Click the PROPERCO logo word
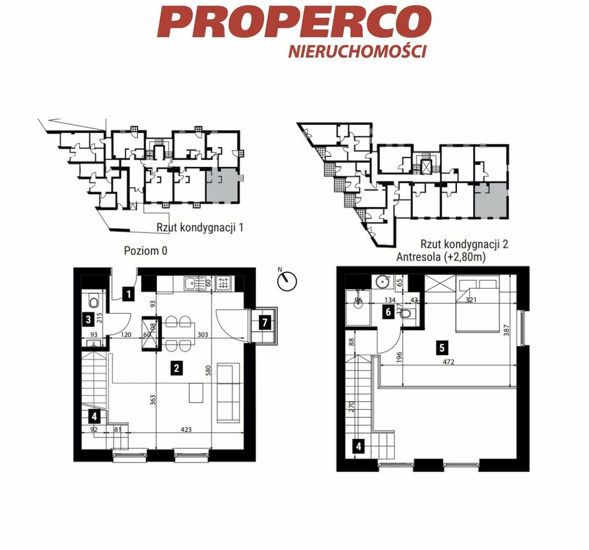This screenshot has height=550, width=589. (x=294, y=21)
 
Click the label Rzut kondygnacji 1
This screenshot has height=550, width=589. (x=200, y=227)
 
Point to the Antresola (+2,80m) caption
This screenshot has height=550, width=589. (x=441, y=257)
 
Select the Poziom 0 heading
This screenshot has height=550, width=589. (x=145, y=251)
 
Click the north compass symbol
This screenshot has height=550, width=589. (x=287, y=280)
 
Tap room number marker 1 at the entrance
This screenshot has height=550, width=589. (x=129, y=294)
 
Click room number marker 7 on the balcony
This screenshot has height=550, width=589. (x=265, y=322)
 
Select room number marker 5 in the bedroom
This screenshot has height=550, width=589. (x=441, y=347)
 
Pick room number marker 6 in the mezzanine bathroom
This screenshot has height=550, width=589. (x=388, y=312)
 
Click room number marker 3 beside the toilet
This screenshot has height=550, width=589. (x=88, y=319)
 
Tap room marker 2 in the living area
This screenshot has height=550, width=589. (x=176, y=368)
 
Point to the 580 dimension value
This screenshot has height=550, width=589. (x=209, y=370)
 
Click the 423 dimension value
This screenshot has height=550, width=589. (x=186, y=429)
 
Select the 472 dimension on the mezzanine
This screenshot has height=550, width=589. (x=448, y=362)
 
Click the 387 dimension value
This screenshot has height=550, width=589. (x=506, y=330)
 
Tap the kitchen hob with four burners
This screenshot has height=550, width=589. (x=224, y=282)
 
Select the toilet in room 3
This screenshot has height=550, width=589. (x=93, y=301)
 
